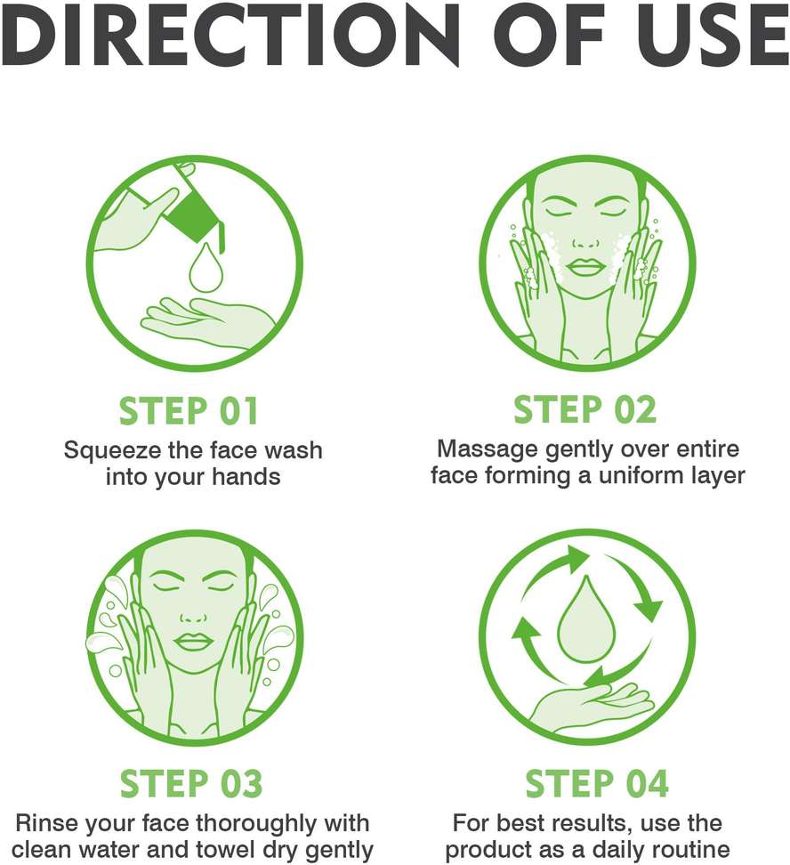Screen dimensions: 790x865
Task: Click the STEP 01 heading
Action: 189,411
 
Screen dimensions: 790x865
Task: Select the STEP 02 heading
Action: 584,409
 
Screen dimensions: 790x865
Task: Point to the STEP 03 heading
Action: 191,783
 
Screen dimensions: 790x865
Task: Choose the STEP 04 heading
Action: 596,783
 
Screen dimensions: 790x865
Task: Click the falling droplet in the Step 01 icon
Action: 206,270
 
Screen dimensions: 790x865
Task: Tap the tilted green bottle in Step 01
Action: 197,214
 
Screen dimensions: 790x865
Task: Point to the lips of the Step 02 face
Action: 586,268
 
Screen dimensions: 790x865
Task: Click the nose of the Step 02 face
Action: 586,242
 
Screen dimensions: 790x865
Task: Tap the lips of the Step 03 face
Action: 192,642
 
